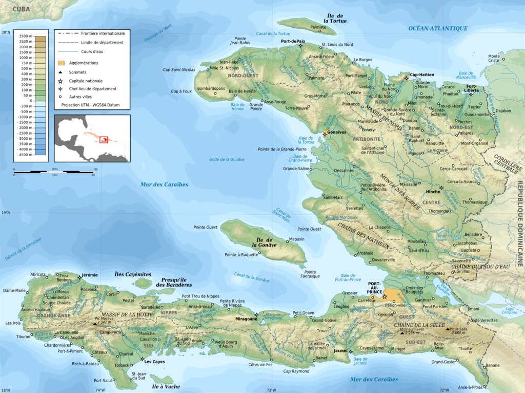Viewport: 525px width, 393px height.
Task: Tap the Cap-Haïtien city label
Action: [x=421, y=74]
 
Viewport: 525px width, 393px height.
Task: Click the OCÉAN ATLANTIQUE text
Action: [x=437, y=28]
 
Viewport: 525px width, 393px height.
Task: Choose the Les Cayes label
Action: [x=154, y=361]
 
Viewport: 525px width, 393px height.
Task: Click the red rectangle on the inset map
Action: [x=104, y=139]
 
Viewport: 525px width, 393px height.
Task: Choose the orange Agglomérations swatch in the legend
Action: [x=60, y=63]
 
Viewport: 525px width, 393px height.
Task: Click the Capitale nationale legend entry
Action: [x=85, y=81]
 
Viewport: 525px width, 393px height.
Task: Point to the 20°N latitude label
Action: [x=6, y=33]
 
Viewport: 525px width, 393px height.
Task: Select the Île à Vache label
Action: [x=166, y=386]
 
